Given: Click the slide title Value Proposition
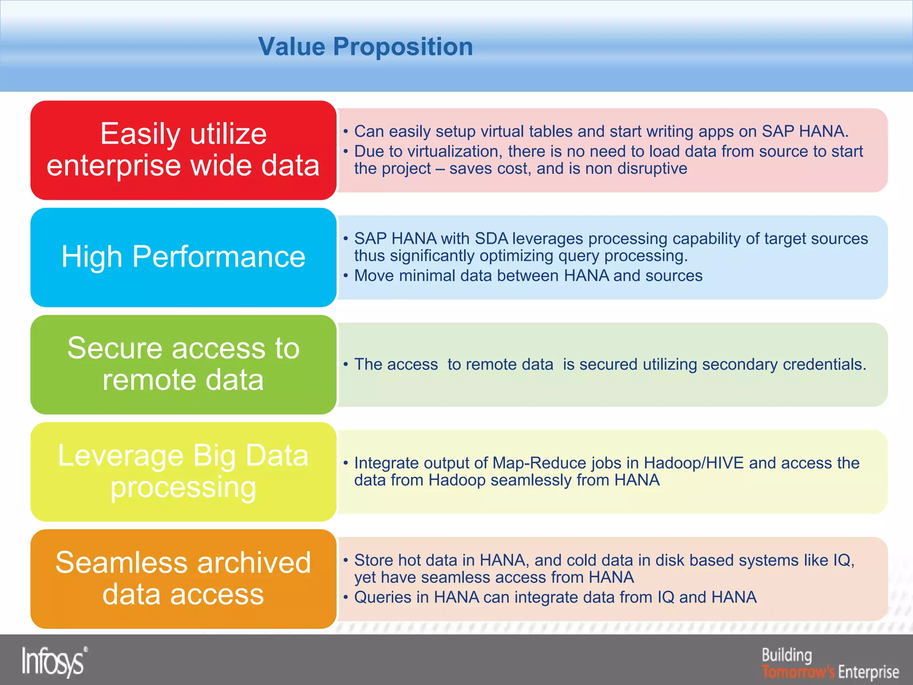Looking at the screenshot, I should click(x=366, y=46).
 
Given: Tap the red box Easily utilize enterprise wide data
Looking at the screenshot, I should click(x=183, y=150).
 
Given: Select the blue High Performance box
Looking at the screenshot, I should click(x=183, y=257).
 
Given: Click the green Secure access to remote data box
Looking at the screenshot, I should click(x=183, y=364).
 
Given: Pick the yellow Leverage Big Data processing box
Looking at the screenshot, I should click(x=183, y=471).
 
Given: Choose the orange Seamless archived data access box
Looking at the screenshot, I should click(x=183, y=578).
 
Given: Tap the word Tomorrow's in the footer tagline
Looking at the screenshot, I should click(x=798, y=672).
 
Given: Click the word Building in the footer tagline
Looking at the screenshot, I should click(x=787, y=655).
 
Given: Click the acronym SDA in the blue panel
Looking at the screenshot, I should click(x=491, y=239).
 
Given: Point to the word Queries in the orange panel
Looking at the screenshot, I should click(x=382, y=597).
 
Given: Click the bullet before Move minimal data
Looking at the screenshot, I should click(x=345, y=276).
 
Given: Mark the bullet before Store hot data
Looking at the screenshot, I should click(x=345, y=560).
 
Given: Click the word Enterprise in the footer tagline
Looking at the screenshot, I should click(x=868, y=672).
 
